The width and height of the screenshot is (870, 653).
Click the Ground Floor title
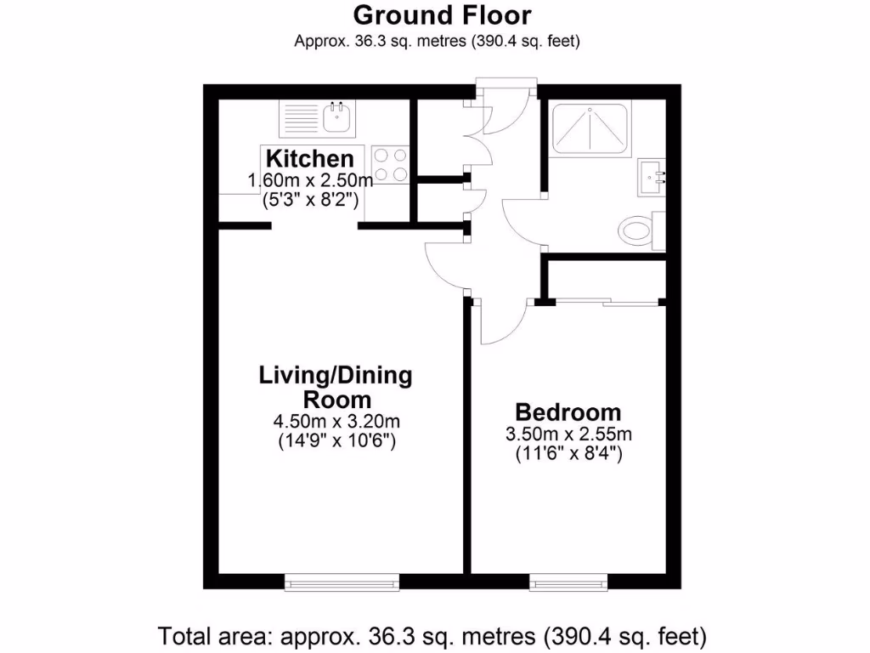click(x=442, y=15)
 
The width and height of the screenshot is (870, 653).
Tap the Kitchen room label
click(x=309, y=158)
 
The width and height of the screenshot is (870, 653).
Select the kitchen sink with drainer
click(x=319, y=118)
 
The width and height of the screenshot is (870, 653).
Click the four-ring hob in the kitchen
click(x=390, y=164)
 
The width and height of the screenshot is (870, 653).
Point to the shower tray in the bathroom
click(x=591, y=128)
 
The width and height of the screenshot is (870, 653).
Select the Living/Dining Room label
click(x=335, y=387)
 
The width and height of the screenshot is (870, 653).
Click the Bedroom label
click(x=568, y=412)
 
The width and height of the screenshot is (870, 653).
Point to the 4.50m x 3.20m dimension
click(x=336, y=422)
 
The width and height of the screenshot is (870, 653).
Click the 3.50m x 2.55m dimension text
click(x=568, y=434)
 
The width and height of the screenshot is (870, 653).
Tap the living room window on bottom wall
click(x=342, y=582)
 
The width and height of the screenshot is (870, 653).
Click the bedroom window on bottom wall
click(x=568, y=582)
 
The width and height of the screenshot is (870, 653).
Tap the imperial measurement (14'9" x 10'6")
click(x=336, y=441)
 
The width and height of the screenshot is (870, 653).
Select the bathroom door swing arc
click(x=520, y=223)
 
